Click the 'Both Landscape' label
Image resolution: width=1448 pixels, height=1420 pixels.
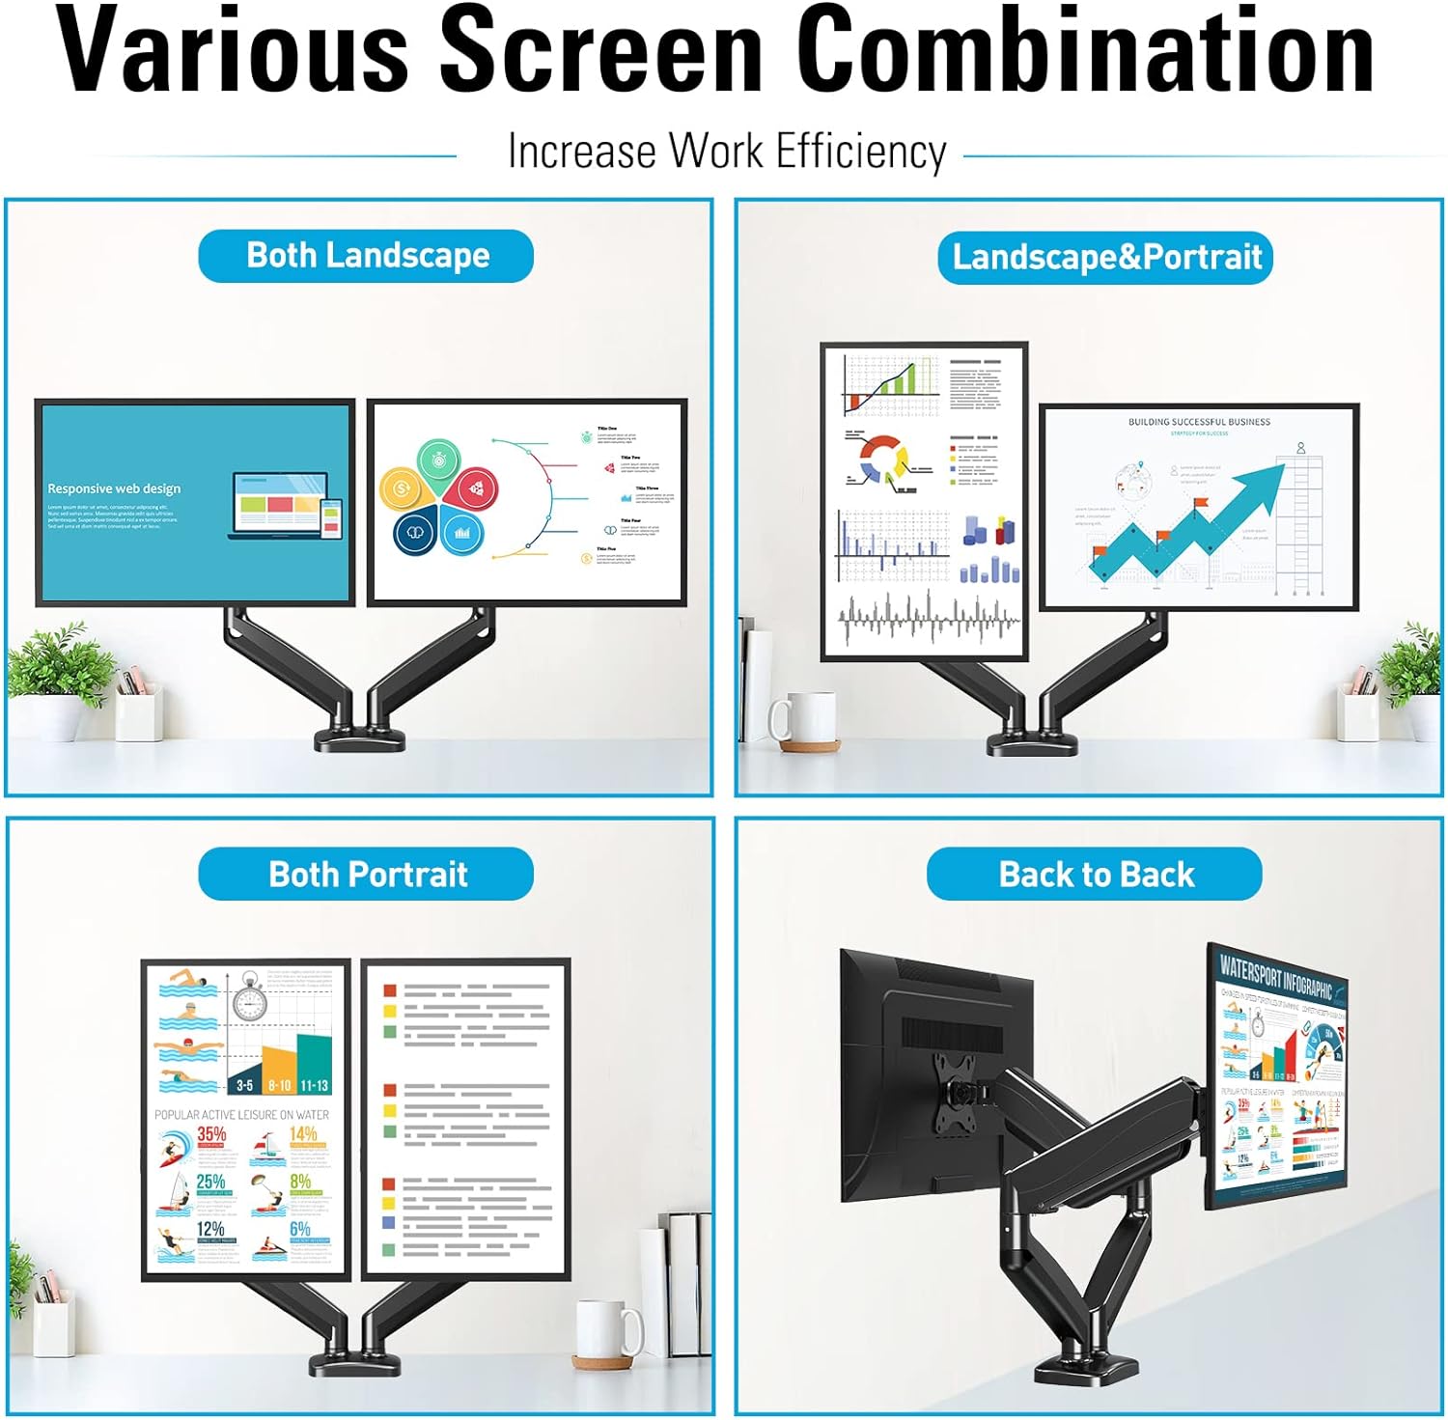(367, 256)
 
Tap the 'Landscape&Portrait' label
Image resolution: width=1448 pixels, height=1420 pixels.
(1106, 258)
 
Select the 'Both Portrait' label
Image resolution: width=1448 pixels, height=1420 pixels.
(367, 875)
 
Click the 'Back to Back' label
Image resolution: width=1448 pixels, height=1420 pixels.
(1096, 875)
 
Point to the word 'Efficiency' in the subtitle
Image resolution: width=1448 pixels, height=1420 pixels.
(861, 153)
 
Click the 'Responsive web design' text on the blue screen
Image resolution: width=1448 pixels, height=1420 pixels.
(114, 488)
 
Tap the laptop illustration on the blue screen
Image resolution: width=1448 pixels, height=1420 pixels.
(280, 505)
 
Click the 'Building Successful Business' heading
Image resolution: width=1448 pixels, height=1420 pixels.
(1199, 422)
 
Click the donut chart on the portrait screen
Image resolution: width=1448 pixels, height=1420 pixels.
(881, 458)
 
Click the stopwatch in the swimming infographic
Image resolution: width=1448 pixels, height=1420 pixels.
(249, 999)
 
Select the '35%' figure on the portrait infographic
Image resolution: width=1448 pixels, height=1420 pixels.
(211, 1134)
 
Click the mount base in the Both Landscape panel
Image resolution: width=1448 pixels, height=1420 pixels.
(360, 740)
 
